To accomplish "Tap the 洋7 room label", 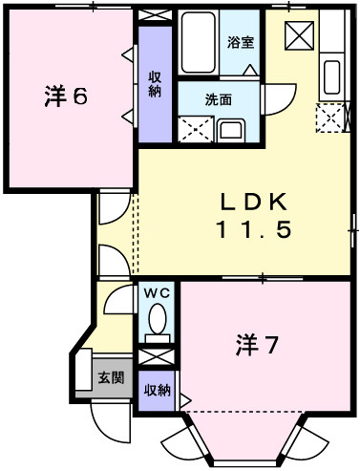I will (256, 346).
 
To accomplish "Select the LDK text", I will (253, 202).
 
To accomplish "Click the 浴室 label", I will (241, 42).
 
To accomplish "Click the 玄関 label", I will (112, 377).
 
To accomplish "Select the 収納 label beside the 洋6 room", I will (155, 84).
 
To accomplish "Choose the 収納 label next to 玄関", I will (158, 390).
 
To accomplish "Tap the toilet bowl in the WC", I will (158, 320).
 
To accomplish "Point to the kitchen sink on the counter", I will (333, 76).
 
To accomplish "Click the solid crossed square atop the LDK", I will (300, 35).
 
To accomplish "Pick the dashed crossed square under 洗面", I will (197, 128).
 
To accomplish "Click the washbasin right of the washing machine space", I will (231, 130).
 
